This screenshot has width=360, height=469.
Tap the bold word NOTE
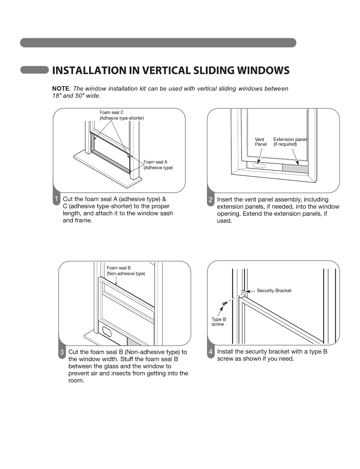[x=61, y=89]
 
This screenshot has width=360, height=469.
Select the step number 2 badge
[x=211, y=199]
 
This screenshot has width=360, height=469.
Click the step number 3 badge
[x=62, y=352]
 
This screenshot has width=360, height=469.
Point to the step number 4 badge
[x=211, y=352]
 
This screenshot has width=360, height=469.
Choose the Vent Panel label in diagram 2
[x=260, y=142]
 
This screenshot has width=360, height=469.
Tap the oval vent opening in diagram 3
[x=107, y=332]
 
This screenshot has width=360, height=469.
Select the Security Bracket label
[x=274, y=291]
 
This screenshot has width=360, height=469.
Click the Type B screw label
[x=219, y=322]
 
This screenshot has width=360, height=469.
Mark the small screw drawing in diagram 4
[x=224, y=303]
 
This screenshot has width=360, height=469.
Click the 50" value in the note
[x=79, y=96]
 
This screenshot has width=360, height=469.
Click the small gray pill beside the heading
[x=34, y=70]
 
